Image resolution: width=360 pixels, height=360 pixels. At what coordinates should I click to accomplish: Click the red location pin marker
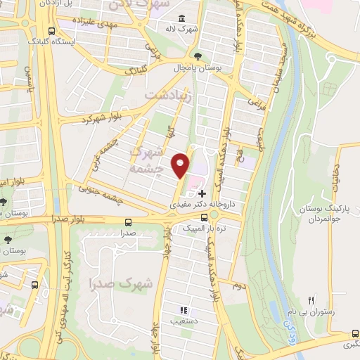(x=181, y=165)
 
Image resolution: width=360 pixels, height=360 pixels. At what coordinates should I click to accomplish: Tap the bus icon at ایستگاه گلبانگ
(x=51, y=30)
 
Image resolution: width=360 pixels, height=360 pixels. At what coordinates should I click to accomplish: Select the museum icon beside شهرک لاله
(x=182, y=18)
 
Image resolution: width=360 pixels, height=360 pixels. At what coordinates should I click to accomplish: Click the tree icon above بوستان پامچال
(x=200, y=56)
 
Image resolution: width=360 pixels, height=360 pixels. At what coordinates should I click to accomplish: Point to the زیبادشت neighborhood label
(x=167, y=94)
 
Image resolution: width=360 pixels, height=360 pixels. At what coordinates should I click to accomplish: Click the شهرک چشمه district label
(x=146, y=161)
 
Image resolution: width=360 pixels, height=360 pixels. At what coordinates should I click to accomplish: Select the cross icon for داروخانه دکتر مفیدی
(x=202, y=193)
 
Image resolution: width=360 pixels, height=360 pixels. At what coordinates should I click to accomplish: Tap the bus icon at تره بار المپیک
(x=204, y=219)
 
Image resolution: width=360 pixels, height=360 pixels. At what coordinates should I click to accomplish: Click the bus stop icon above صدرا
(x=127, y=220)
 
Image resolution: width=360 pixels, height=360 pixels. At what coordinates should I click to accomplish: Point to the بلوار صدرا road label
(x=70, y=219)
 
